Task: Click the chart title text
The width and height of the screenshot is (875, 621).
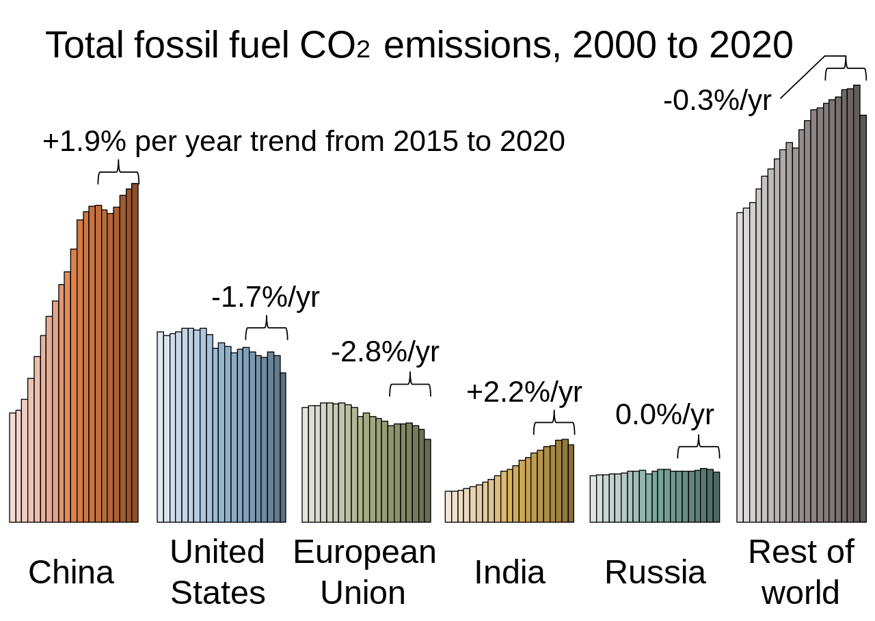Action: tap(419, 46)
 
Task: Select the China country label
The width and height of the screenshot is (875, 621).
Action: tap(71, 572)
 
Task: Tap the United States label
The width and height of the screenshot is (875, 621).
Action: tap(217, 572)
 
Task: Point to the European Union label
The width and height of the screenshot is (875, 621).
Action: tap(364, 572)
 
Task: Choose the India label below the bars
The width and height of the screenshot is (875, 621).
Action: tap(509, 572)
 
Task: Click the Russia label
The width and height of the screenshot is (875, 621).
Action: tap(655, 572)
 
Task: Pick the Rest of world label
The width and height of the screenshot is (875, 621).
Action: tap(800, 572)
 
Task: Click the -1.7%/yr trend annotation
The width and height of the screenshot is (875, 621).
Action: tap(265, 298)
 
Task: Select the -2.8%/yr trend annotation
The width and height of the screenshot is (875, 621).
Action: tap(385, 352)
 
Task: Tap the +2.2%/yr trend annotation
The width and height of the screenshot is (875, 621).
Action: tap(524, 393)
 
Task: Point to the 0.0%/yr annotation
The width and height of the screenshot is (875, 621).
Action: tap(664, 415)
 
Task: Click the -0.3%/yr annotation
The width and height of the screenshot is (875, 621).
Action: tap(717, 101)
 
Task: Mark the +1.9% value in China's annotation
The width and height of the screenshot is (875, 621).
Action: tap(84, 141)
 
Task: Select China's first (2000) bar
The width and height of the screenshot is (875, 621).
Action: tap(12, 467)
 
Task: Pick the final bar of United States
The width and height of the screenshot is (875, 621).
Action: tap(283, 447)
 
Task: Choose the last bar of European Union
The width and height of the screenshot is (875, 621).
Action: tap(428, 481)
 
